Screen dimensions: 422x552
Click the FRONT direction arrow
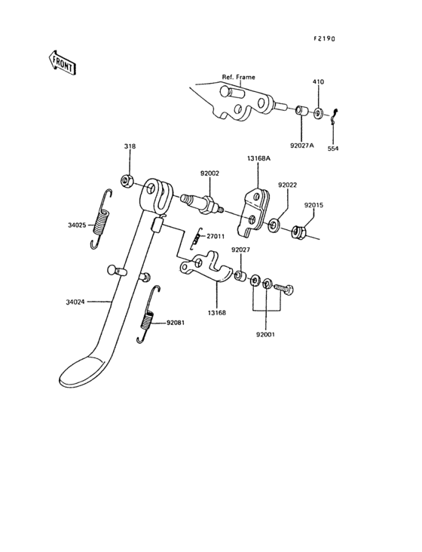click(x=62, y=63)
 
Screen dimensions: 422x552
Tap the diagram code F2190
click(x=324, y=38)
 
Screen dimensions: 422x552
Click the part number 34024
click(x=75, y=302)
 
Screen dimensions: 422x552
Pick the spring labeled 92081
click(x=148, y=314)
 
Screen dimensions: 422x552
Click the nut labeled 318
click(x=126, y=181)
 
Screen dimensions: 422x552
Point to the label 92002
click(x=209, y=173)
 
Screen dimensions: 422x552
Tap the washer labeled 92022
click(x=274, y=225)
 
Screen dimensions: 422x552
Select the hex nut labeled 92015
click(x=299, y=232)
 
